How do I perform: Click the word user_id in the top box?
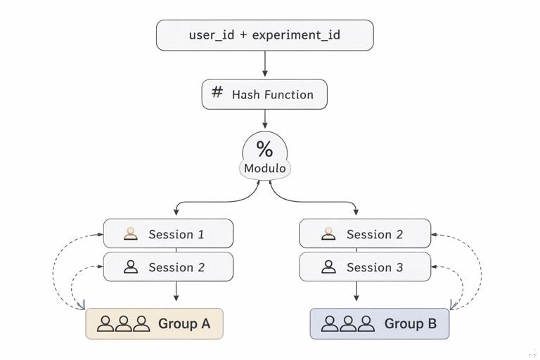(x=212, y=34)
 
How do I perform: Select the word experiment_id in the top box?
(x=296, y=34)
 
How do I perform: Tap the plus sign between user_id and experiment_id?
(x=243, y=34)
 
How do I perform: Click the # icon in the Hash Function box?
(x=217, y=93)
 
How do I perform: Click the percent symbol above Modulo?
(x=264, y=148)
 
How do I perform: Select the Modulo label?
(x=264, y=168)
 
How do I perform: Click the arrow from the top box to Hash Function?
(x=264, y=65)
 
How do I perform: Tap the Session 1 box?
(x=168, y=233)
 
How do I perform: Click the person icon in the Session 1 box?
(x=131, y=233)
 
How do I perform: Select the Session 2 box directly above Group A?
(x=168, y=267)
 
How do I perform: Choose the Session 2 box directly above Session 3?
(x=365, y=233)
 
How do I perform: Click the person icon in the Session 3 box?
(x=328, y=267)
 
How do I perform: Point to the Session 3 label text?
(x=375, y=267)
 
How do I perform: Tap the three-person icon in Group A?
(x=124, y=323)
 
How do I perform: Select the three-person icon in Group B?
(x=347, y=323)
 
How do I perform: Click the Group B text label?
(x=410, y=323)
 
